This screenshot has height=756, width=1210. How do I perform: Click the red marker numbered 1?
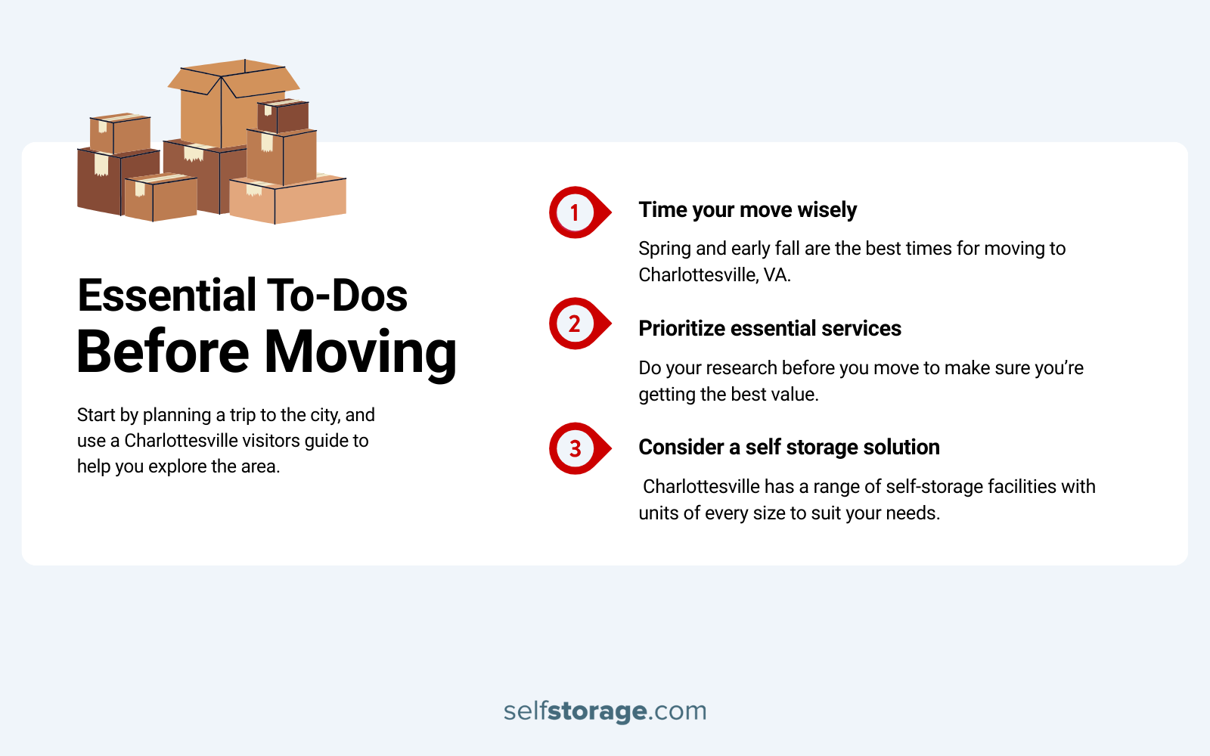(x=576, y=212)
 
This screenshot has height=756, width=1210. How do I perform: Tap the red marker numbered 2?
(x=576, y=324)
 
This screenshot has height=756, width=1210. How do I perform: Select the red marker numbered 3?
(x=576, y=448)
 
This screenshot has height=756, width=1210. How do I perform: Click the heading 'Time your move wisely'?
(x=747, y=210)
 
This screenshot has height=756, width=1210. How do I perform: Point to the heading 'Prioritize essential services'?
(x=770, y=329)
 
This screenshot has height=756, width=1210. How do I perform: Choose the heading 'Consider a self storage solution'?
(x=789, y=448)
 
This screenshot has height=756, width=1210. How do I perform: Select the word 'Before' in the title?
(x=163, y=352)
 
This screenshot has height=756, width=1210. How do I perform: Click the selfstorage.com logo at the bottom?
(x=605, y=711)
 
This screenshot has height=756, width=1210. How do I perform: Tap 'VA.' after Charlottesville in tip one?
(x=777, y=275)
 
